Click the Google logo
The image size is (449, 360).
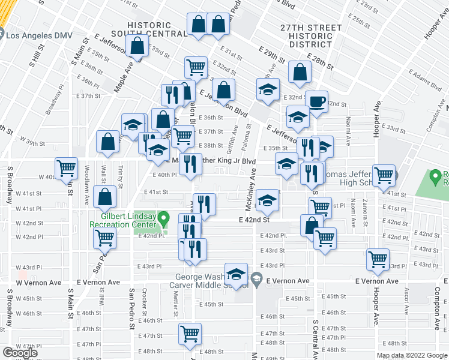click(20, 353)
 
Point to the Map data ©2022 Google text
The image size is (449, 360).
click(412, 355)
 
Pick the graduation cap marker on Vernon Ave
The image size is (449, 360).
click(237, 274)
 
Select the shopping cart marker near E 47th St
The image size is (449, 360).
click(190, 334)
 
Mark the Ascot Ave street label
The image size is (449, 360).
click(407, 292)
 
